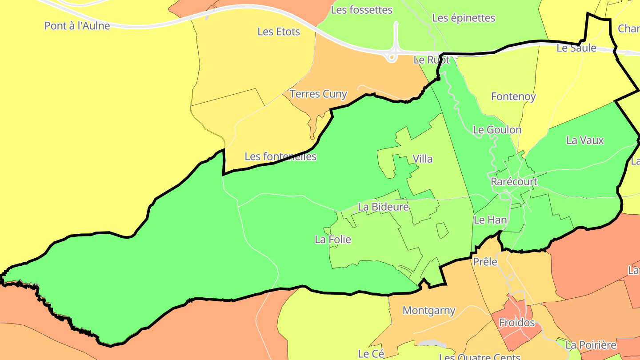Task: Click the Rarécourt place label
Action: coord(514,182)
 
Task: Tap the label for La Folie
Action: coord(333,240)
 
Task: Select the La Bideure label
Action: coord(383,207)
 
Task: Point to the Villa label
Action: coord(422,159)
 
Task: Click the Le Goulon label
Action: coord(497,130)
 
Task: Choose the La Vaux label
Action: coord(585,140)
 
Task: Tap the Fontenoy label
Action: coord(513,96)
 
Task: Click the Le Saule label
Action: coord(576,48)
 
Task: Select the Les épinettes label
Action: coord(464,18)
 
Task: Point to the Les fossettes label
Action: coord(362,10)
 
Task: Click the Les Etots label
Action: coord(279,32)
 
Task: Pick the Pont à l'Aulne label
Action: coord(77,26)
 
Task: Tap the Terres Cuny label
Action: coord(318,94)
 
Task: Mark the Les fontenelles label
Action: coord(280,156)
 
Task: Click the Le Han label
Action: coord(490,220)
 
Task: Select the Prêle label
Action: coord(485,262)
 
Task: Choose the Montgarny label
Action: coord(429,310)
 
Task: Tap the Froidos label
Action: coord(517,323)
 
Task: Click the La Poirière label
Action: coord(591,345)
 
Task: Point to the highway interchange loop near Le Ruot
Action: coord(392,56)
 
